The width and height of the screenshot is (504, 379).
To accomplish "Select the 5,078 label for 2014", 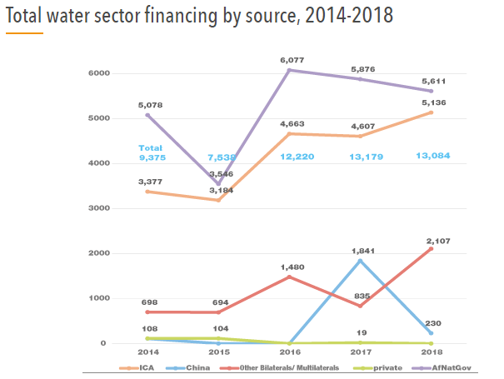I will click(149, 105).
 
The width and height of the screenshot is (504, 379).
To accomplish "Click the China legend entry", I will click(194, 366).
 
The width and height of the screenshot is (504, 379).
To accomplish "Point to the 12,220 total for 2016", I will click(297, 157).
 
